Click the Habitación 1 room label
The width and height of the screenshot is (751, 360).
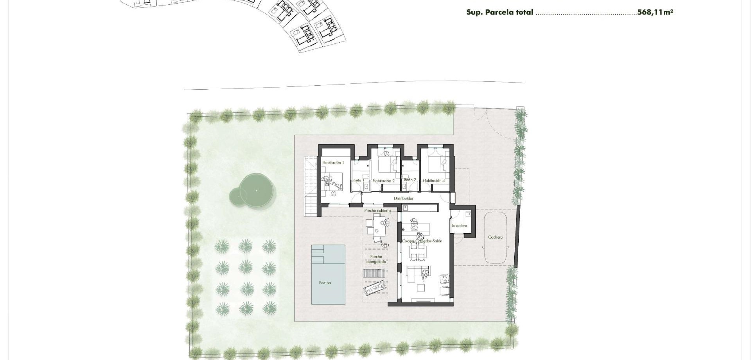333,162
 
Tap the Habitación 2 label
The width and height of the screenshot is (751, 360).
383,181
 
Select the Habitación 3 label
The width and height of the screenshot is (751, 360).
434,181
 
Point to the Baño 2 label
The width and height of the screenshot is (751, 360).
410,180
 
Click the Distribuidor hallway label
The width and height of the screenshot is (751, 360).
403,198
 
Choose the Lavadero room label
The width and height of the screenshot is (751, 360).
459,226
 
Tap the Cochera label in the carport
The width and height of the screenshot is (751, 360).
495,237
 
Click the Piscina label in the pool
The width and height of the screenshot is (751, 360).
325,283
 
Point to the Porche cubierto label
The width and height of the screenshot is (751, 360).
377,211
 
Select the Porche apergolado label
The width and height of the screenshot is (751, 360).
376,259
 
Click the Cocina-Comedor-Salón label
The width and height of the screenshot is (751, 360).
422,241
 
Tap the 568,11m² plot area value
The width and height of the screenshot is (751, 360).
655,12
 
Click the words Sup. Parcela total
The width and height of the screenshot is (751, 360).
499,12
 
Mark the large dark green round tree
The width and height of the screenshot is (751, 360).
256,191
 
